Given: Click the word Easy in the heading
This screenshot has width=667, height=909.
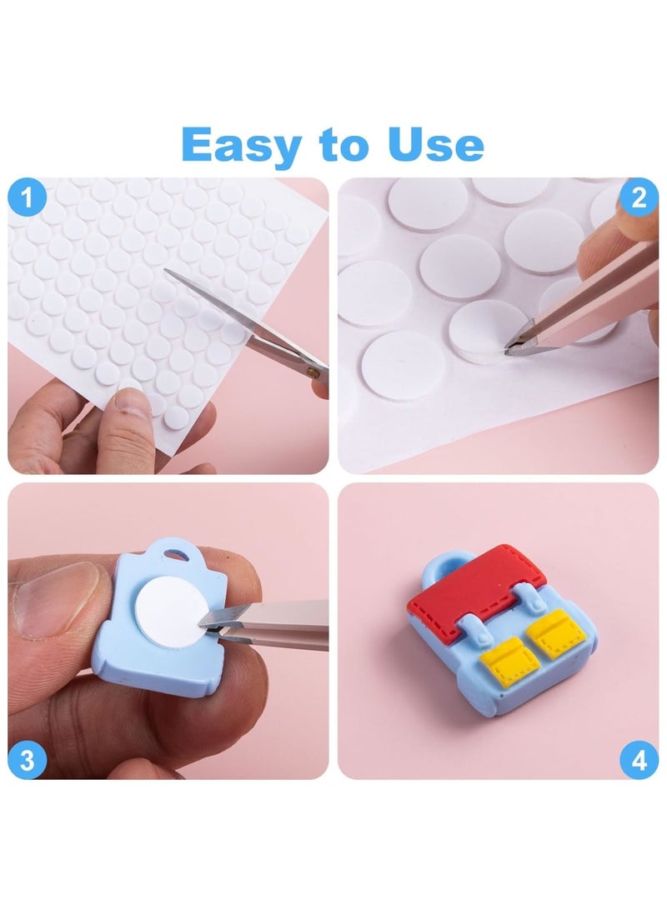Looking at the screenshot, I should coord(242,145).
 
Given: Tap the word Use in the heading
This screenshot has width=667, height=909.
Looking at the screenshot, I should coord(435,145).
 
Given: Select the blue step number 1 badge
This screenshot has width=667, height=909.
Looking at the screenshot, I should coord(28,199).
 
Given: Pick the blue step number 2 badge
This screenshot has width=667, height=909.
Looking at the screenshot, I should coord(639,198).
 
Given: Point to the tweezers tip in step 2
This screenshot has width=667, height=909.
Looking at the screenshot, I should coord(510,350).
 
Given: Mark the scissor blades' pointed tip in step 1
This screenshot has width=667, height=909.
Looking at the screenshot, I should coord(166,270).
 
